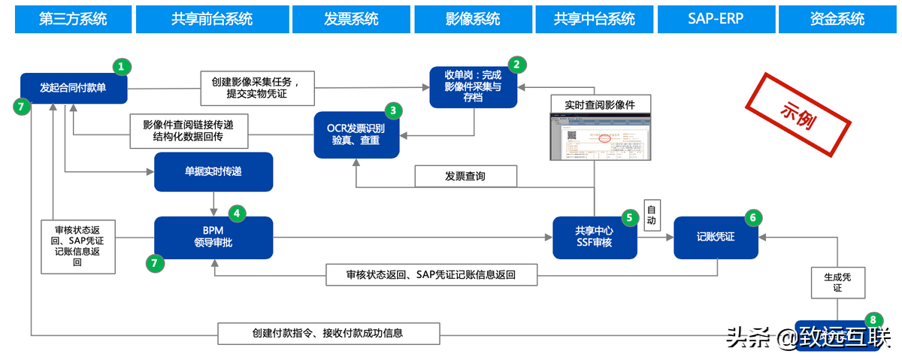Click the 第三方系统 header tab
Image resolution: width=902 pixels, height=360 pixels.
pos(72,19)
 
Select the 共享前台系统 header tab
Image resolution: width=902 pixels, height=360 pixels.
pos(211,19)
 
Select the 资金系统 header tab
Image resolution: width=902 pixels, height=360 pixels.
pos(837,19)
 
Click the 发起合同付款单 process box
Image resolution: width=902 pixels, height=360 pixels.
pos(74,88)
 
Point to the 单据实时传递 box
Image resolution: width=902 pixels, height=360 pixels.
pos(213,172)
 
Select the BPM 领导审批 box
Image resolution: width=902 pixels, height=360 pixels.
pos(213,237)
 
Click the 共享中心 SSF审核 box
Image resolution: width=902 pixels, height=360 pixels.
pos(595,237)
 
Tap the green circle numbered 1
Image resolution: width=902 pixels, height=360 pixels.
pos(121,67)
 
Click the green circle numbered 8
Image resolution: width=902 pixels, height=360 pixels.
pos(871,319)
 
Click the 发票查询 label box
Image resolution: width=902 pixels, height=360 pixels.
pos(466,177)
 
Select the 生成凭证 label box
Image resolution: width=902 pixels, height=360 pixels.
pos(837,283)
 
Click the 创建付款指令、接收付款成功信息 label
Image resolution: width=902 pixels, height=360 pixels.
pos(328,333)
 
